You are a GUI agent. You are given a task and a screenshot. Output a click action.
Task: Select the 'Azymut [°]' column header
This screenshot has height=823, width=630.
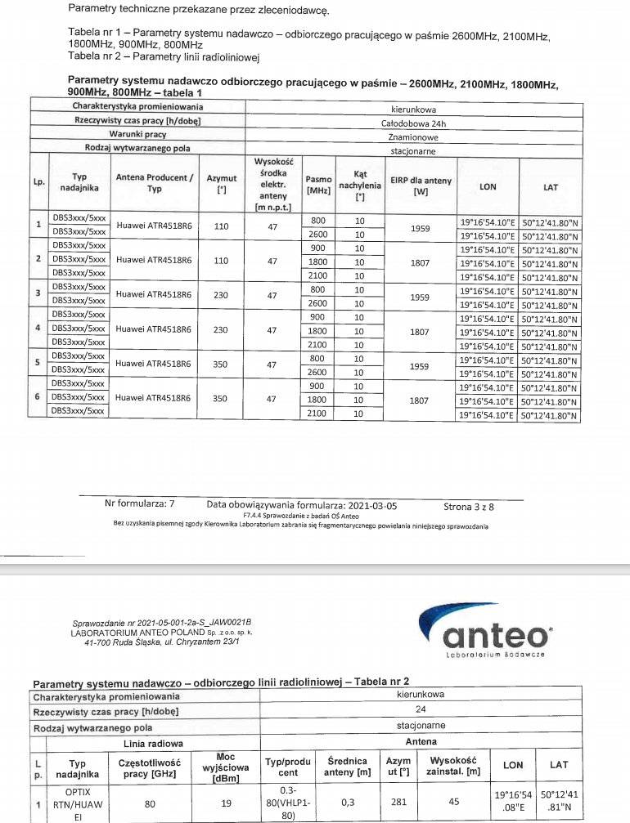click(x=221, y=182)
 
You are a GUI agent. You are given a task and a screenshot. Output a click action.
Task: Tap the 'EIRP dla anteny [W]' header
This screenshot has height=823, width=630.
click(x=420, y=186)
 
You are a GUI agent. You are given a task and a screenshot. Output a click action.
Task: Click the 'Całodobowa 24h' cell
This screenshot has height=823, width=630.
click(x=413, y=123)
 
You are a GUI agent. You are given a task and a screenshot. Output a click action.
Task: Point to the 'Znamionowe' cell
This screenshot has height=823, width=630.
click(x=413, y=136)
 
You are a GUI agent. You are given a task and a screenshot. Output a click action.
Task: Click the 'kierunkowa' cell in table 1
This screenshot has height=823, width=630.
click(x=413, y=108)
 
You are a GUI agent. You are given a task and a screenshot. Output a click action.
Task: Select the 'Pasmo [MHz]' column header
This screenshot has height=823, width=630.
click(x=318, y=184)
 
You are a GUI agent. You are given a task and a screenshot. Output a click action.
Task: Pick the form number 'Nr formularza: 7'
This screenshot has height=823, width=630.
click(x=140, y=504)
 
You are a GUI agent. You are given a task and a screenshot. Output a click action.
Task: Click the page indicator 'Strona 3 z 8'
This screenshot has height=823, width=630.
click(x=469, y=506)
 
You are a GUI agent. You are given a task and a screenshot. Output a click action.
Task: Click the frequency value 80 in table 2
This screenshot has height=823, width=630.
click(x=150, y=803)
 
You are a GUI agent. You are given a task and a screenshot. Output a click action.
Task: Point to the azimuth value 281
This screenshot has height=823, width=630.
click(x=398, y=803)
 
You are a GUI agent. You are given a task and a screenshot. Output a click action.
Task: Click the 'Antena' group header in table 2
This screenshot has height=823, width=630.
click(x=421, y=742)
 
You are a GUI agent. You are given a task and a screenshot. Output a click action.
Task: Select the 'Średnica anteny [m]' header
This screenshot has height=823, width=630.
click(x=346, y=767)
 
